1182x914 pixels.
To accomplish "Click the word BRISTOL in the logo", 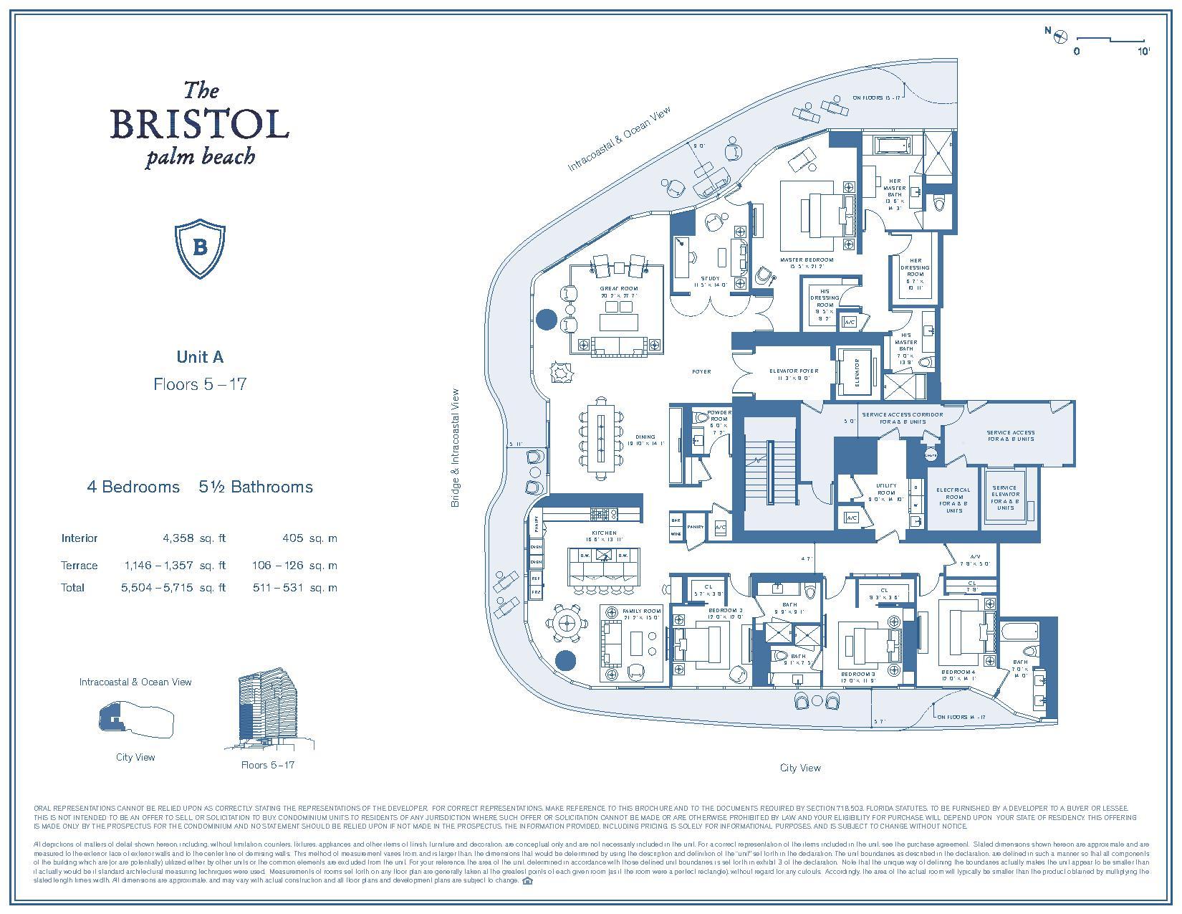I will (x=199, y=124).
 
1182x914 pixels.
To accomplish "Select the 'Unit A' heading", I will (x=200, y=356).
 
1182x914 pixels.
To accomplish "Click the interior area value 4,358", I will (x=183, y=538).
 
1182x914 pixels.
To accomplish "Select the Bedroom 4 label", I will (x=958, y=675).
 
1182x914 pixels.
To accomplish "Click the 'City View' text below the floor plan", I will (x=799, y=768).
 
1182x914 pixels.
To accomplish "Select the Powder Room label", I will (x=719, y=416).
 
